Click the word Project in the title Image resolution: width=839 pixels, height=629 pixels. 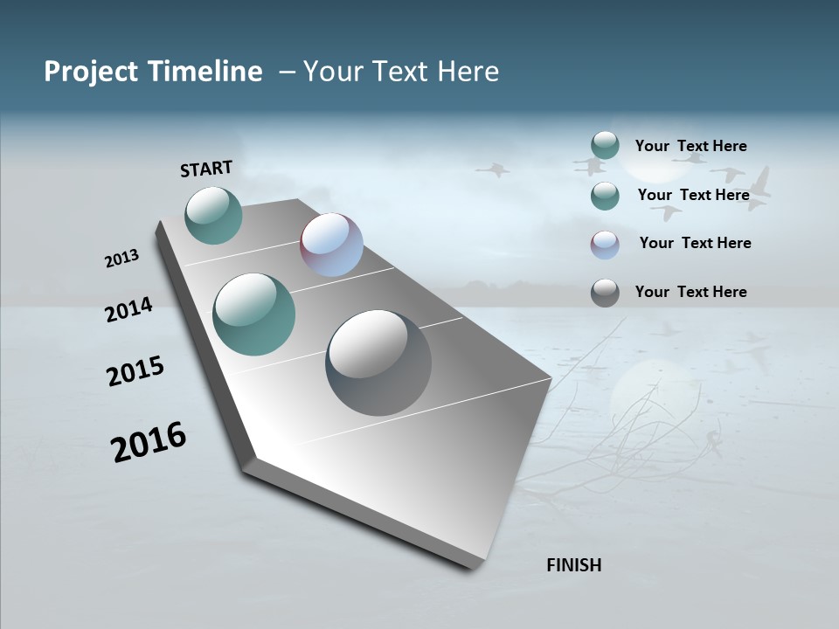[x=90, y=72]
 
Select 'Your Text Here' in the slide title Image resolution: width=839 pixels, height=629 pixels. [x=401, y=72]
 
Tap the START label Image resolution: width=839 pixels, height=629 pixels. [x=206, y=169]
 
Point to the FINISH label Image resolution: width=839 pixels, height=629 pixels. [x=573, y=565]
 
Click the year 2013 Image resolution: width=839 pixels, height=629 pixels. [x=121, y=259]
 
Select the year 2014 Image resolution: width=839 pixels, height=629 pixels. [x=128, y=309]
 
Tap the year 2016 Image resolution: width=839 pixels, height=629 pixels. [x=148, y=442]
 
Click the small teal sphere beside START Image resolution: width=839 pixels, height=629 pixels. [x=213, y=216]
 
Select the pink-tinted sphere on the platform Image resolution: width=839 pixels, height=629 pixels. [x=331, y=245]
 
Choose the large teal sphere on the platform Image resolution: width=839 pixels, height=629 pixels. [x=253, y=314]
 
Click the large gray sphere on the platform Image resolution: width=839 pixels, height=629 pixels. [x=378, y=363]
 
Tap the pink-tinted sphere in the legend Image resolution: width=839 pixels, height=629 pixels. [x=605, y=245]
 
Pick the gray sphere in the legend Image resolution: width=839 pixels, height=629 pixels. [x=605, y=293]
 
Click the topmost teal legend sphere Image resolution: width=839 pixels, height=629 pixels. [x=605, y=145]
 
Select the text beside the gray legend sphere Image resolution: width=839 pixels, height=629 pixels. [x=690, y=292]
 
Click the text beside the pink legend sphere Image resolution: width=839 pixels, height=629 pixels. [x=695, y=243]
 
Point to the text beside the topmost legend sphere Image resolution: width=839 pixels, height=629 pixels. [x=690, y=146]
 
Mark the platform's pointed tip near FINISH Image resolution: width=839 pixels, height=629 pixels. [x=476, y=566]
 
